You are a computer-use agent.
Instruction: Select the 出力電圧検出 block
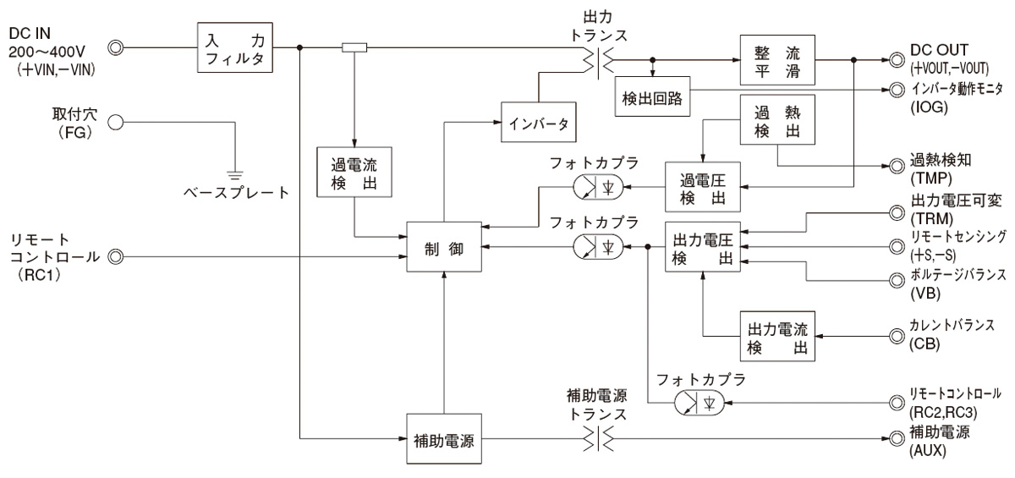[702, 247]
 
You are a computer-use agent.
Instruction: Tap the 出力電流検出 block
[776, 338]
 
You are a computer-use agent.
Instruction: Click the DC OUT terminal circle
[895, 61]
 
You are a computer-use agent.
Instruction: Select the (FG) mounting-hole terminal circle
[118, 122]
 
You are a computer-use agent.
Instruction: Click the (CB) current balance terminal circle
[895, 338]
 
